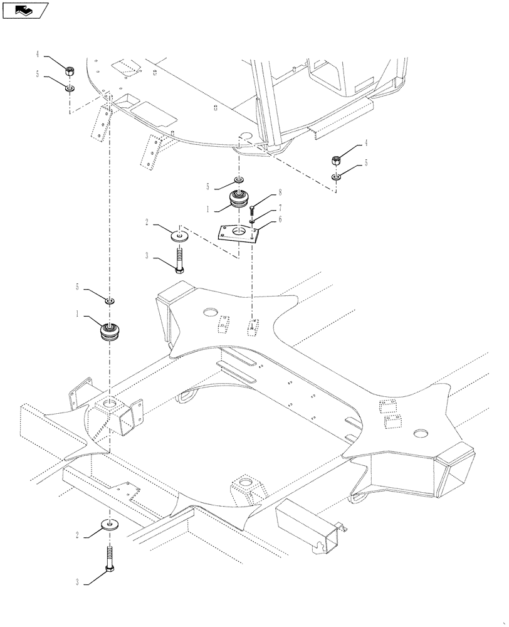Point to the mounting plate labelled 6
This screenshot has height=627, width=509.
point(239,233)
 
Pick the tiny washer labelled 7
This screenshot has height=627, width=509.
point(251,220)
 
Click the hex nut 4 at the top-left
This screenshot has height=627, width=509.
point(70,68)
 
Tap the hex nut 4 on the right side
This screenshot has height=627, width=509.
point(336,160)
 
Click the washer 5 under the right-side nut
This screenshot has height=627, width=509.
point(337,177)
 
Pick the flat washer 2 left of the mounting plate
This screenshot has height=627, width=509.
point(181,236)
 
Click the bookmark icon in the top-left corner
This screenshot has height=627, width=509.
point(26,9)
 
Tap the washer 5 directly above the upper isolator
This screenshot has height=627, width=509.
point(239,180)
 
